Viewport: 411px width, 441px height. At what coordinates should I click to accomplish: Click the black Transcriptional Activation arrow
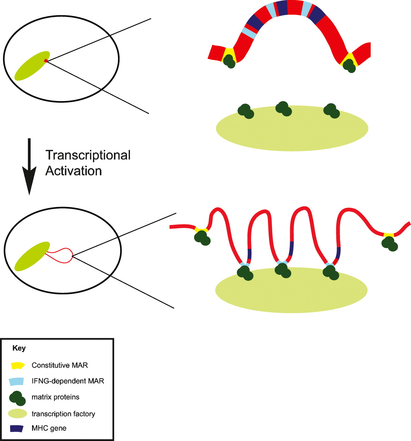tap(29, 165)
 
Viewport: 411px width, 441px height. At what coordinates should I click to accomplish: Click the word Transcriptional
tap(88, 155)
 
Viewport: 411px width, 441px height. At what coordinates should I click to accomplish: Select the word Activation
tap(74, 171)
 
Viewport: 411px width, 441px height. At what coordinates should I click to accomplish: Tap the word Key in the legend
tap(19, 348)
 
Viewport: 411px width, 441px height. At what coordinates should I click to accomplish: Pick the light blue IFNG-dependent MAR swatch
tap(17, 381)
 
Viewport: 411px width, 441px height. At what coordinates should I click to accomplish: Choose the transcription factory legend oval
tap(17, 414)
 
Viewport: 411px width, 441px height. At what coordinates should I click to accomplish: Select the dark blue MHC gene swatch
tap(17, 429)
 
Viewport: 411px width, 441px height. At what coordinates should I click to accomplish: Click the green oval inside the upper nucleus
tap(32, 66)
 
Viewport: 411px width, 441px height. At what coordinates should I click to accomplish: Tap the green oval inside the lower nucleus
tap(32, 257)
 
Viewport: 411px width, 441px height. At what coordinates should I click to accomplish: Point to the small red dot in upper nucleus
tap(45, 61)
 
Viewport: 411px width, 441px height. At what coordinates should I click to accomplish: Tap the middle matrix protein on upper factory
tap(284, 109)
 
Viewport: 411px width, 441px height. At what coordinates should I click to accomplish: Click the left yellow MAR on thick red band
tap(228, 54)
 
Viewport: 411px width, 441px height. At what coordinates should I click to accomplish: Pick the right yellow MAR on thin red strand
tap(389, 235)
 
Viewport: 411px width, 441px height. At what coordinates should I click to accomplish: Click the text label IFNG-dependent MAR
tap(68, 381)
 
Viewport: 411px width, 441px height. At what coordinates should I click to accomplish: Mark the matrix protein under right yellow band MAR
tap(350, 65)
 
